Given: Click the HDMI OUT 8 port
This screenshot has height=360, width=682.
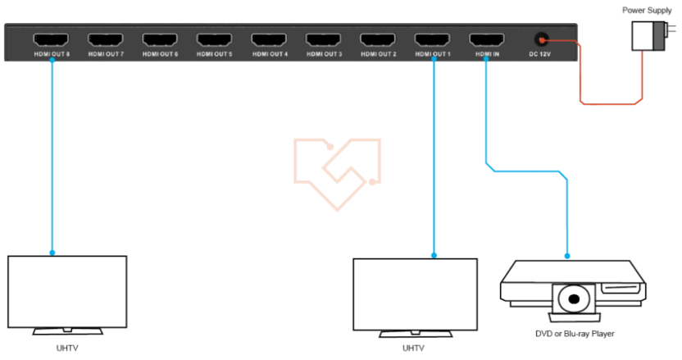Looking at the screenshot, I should [x=51, y=39].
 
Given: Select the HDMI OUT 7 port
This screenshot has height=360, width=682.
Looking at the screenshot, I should [x=106, y=39].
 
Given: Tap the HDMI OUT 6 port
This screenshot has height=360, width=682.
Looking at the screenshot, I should [x=160, y=39].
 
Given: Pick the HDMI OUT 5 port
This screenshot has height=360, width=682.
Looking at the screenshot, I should [x=215, y=39].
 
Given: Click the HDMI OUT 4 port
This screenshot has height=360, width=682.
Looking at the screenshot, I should [x=270, y=39].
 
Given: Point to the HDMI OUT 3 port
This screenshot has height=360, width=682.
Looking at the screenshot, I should [x=324, y=39].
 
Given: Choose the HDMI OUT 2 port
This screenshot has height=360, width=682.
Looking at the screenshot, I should [x=379, y=39].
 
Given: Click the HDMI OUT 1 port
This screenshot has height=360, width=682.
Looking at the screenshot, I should [x=433, y=39].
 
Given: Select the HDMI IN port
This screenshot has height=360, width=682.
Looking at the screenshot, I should [x=487, y=39].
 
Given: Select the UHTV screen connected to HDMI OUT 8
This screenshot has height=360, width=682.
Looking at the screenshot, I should [x=67, y=292].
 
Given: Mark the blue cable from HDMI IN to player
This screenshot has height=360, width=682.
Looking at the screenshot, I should [x=525, y=171].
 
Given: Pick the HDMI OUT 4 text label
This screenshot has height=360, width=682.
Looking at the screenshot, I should [x=270, y=54].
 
